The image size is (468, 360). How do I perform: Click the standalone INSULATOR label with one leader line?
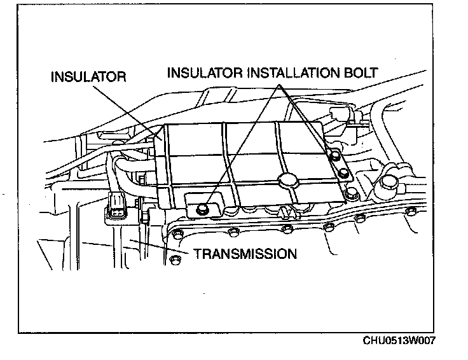(88, 77)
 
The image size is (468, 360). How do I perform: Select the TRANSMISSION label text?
(245, 254)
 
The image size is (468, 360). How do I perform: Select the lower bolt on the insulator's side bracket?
(344, 172)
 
